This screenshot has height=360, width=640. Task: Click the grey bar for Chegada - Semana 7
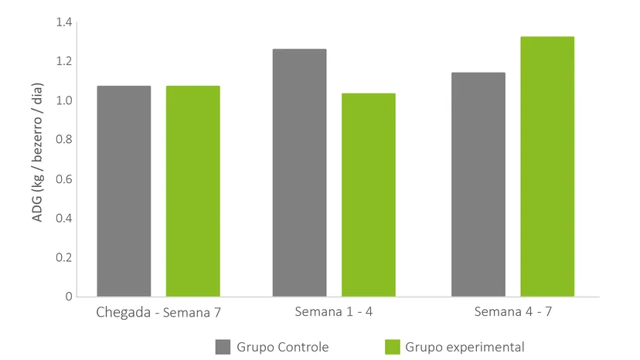click(x=124, y=191)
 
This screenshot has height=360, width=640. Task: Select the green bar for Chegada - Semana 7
click(x=192, y=191)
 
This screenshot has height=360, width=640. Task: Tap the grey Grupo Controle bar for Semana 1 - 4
click(x=300, y=172)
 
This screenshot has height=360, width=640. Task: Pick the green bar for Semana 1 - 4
click(x=369, y=195)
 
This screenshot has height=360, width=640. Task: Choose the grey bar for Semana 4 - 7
click(x=478, y=185)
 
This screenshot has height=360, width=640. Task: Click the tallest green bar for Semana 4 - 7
click(x=547, y=167)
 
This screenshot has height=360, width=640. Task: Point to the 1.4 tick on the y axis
click(x=64, y=22)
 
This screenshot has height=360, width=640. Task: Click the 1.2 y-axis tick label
click(x=64, y=61)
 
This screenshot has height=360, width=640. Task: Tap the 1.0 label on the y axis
click(x=64, y=100)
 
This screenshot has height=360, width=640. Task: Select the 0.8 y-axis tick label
click(x=64, y=140)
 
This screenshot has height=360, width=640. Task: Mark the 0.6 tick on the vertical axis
click(x=64, y=178)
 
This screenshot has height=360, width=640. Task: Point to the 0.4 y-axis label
click(x=64, y=218)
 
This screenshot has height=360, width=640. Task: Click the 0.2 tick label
click(x=64, y=257)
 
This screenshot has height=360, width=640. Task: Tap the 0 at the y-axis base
click(x=69, y=297)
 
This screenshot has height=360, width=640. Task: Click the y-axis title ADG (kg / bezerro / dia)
click(x=37, y=153)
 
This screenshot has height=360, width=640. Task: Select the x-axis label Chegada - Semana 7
click(x=158, y=313)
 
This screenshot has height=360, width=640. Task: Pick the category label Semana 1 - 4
click(x=334, y=312)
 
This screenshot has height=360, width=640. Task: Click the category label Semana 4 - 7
click(x=513, y=312)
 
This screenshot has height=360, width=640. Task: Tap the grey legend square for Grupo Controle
click(x=223, y=347)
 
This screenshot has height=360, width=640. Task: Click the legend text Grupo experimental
click(x=465, y=348)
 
